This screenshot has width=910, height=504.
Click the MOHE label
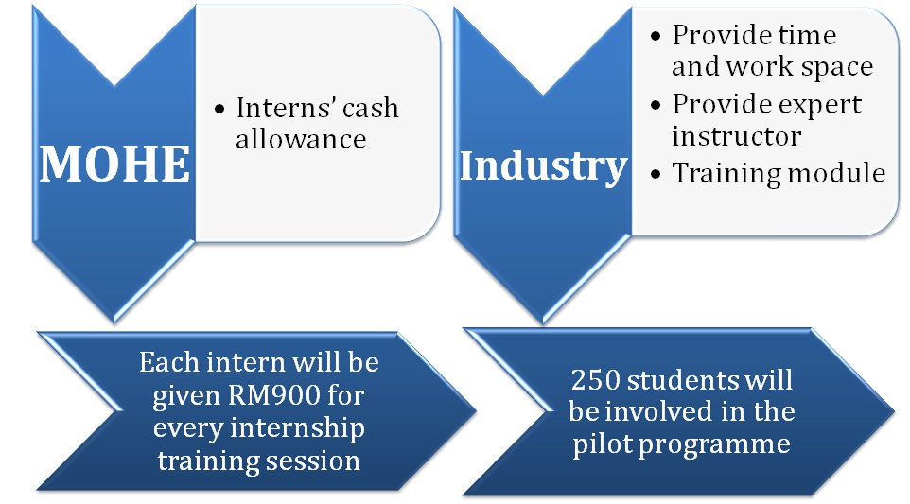coord(114,165)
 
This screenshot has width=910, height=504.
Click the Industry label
coord(543,167)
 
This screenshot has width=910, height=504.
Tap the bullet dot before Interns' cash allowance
coord(219,109)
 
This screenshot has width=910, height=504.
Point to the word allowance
coord(301,139)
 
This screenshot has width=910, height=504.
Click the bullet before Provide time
coord(656,37)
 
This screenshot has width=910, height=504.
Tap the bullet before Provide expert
coord(656,106)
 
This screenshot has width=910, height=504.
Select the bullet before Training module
coord(656,174)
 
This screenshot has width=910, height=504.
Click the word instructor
coord(737,136)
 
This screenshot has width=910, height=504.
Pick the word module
coord(831,173)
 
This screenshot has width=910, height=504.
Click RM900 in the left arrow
coord(274,395)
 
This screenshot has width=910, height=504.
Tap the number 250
coord(595,380)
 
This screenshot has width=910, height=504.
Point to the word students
coord(683,380)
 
